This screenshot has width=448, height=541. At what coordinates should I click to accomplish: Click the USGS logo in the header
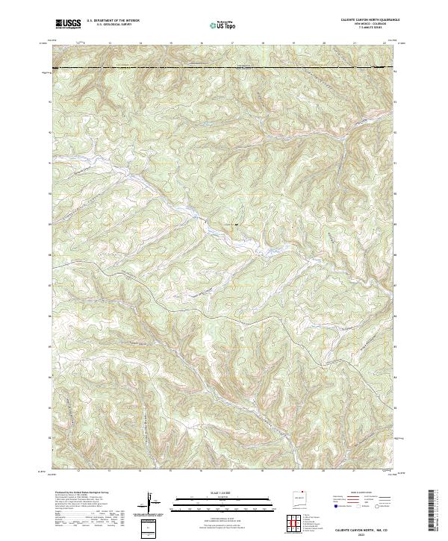point(69,25)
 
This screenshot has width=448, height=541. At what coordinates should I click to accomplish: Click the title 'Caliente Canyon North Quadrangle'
point(360,20)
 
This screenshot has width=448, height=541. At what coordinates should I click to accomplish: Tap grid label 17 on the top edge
point(232,43)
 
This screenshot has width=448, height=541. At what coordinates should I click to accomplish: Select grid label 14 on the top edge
point(140,43)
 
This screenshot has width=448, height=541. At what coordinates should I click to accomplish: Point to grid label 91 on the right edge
point(396,133)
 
